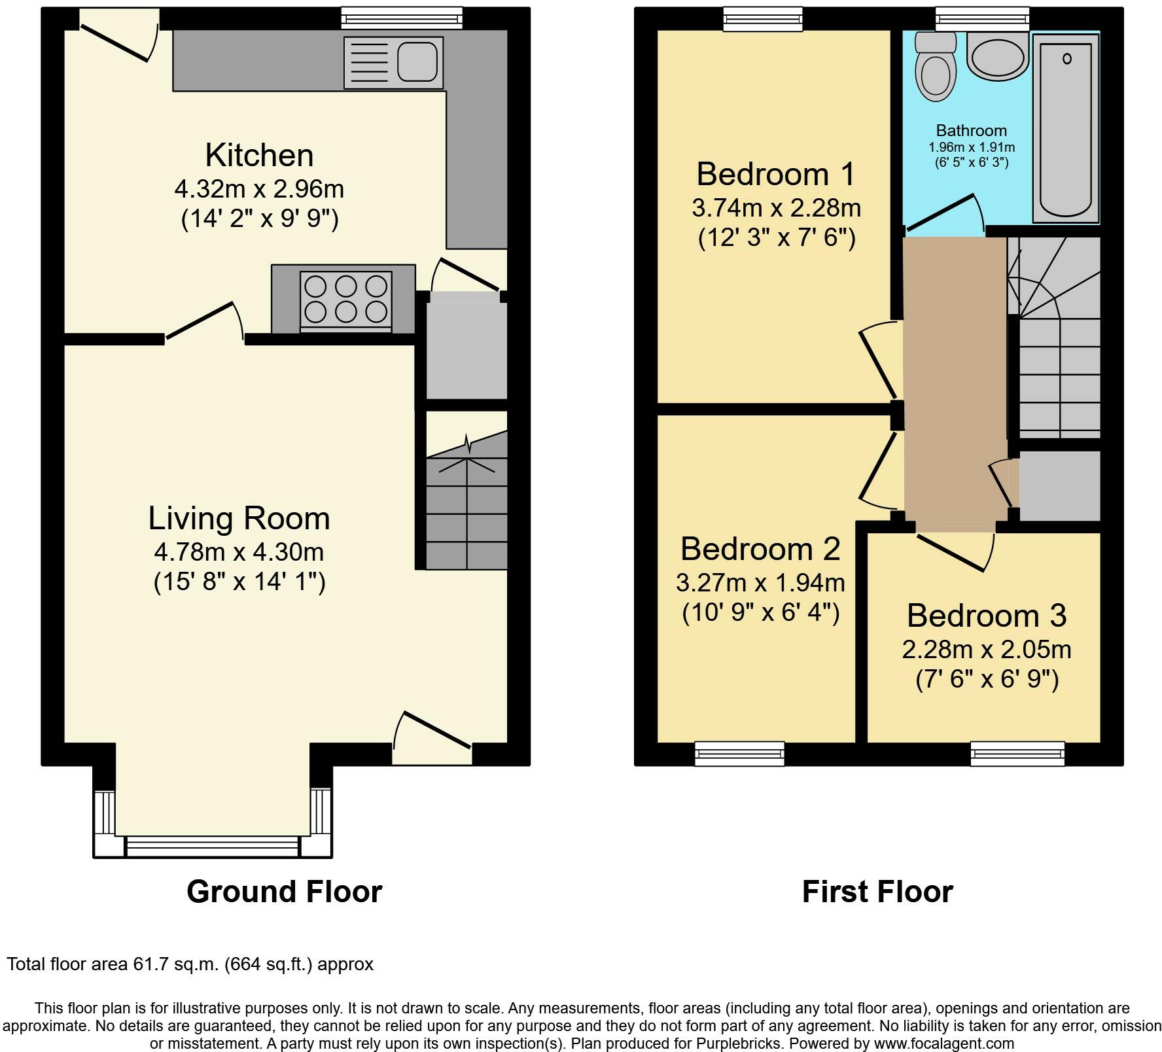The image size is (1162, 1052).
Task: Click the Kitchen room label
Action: pyautogui.click(x=259, y=156)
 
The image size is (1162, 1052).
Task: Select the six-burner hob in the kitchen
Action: pyautogui.click(x=345, y=299)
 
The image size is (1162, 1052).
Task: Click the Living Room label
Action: pyautogui.click(x=239, y=518)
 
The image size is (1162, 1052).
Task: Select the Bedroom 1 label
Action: pyautogui.click(x=775, y=174)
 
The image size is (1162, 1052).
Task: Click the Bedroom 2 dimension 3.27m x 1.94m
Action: pyautogui.click(x=760, y=582)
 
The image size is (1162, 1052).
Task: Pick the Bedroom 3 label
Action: pyautogui.click(x=987, y=616)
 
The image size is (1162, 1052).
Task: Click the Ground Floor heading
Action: pyautogui.click(x=284, y=892)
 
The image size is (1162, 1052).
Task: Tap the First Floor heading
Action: pyautogui.click(x=877, y=892)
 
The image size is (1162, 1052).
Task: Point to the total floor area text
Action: pyautogui.click(x=190, y=964)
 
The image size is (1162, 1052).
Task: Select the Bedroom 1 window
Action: pyautogui.click(x=763, y=18)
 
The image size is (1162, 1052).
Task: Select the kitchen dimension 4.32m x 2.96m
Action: pyautogui.click(x=259, y=189)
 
